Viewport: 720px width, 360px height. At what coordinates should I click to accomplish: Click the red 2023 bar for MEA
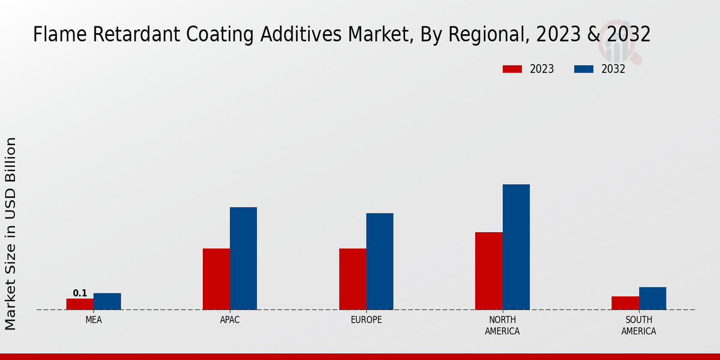[80, 304]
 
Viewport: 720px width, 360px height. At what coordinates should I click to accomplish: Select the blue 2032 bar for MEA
[107, 301]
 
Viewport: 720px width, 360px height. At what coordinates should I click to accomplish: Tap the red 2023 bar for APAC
[216, 279]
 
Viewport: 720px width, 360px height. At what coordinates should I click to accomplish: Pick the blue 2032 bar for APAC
[243, 259]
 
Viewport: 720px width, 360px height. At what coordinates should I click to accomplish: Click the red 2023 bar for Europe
[352, 279]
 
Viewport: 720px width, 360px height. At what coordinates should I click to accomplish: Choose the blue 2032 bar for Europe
[380, 262]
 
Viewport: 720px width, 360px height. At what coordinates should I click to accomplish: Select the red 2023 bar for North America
[488, 271]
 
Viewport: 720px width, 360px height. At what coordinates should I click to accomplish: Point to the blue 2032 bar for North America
[516, 247]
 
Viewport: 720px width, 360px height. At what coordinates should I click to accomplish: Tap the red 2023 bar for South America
[625, 303]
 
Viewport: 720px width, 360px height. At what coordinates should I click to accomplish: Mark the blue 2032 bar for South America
[652, 298]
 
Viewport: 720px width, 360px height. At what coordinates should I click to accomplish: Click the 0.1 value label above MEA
[80, 293]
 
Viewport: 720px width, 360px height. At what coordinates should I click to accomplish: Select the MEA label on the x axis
[94, 320]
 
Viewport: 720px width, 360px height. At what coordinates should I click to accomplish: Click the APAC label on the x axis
[230, 320]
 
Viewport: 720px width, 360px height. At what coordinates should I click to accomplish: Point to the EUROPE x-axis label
[366, 320]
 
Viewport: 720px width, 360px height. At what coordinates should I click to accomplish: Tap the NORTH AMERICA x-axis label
[502, 326]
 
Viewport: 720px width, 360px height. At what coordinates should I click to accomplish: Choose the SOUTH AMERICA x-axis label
[638, 326]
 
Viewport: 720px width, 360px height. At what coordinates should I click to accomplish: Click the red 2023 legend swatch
[512, 69]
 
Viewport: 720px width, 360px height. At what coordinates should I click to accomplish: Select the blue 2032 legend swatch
[583, 69]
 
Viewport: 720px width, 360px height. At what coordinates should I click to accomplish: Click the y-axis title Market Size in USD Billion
[11, 234]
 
